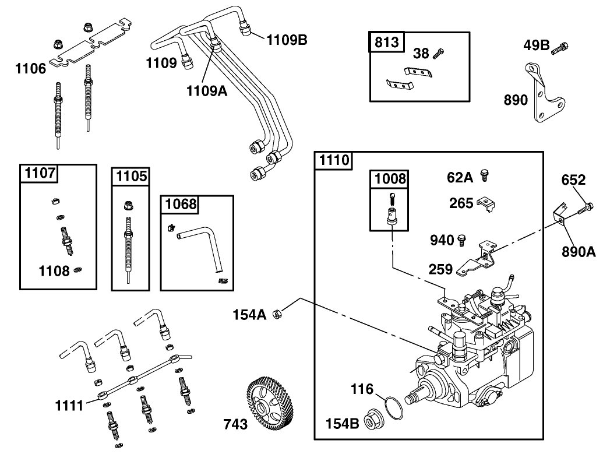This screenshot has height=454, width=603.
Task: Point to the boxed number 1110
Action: [333, 160]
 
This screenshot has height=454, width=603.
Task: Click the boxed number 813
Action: [386, 42]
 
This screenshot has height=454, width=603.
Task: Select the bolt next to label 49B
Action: [563, 47]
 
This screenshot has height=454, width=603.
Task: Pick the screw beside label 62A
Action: [484, 174]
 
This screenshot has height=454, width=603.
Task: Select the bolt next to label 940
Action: [462, 238]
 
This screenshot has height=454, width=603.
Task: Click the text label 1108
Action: [54, 270]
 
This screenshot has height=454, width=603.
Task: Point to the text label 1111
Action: [70, 404]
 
